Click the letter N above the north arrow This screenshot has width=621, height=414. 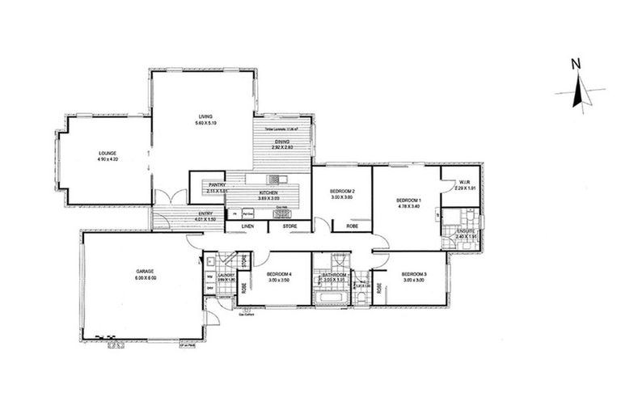(x=575, y=63)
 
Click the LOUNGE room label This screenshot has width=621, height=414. (x=108, y=153)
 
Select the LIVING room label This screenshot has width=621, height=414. (x=205, y=116)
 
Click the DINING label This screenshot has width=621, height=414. (x=281, y=142)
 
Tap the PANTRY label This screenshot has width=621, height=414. (x=215, y=185)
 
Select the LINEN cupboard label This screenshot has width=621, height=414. (x=248, y=226)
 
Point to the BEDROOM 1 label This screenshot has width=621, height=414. (x=408, y=200)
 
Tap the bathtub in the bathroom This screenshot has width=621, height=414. (x=331, y=298)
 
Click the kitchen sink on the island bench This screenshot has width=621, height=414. (x=277, y=180)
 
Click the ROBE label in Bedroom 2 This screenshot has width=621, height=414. (x=353, y=226)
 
